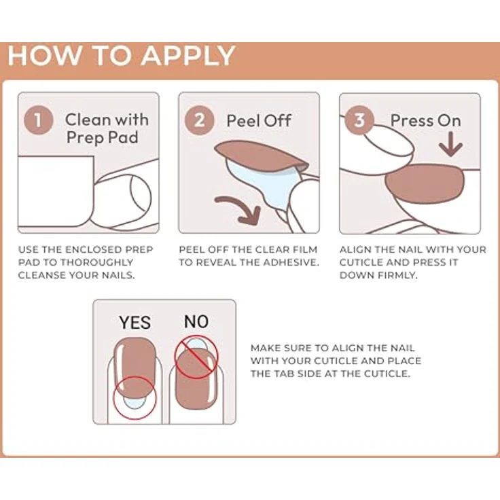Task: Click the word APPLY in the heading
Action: coord(188,56)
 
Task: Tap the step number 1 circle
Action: coord(38,120)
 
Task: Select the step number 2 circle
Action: coord(200,120)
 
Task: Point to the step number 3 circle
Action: coord(359,120)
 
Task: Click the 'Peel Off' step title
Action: coord(259,121)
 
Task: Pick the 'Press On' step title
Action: coord(426,120)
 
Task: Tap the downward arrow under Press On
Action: coord(450,145)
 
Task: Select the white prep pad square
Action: coord(56,192)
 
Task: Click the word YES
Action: coord(135,323)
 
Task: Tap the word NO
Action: coord(196,321)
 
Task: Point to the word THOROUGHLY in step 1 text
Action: coord(96,262)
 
